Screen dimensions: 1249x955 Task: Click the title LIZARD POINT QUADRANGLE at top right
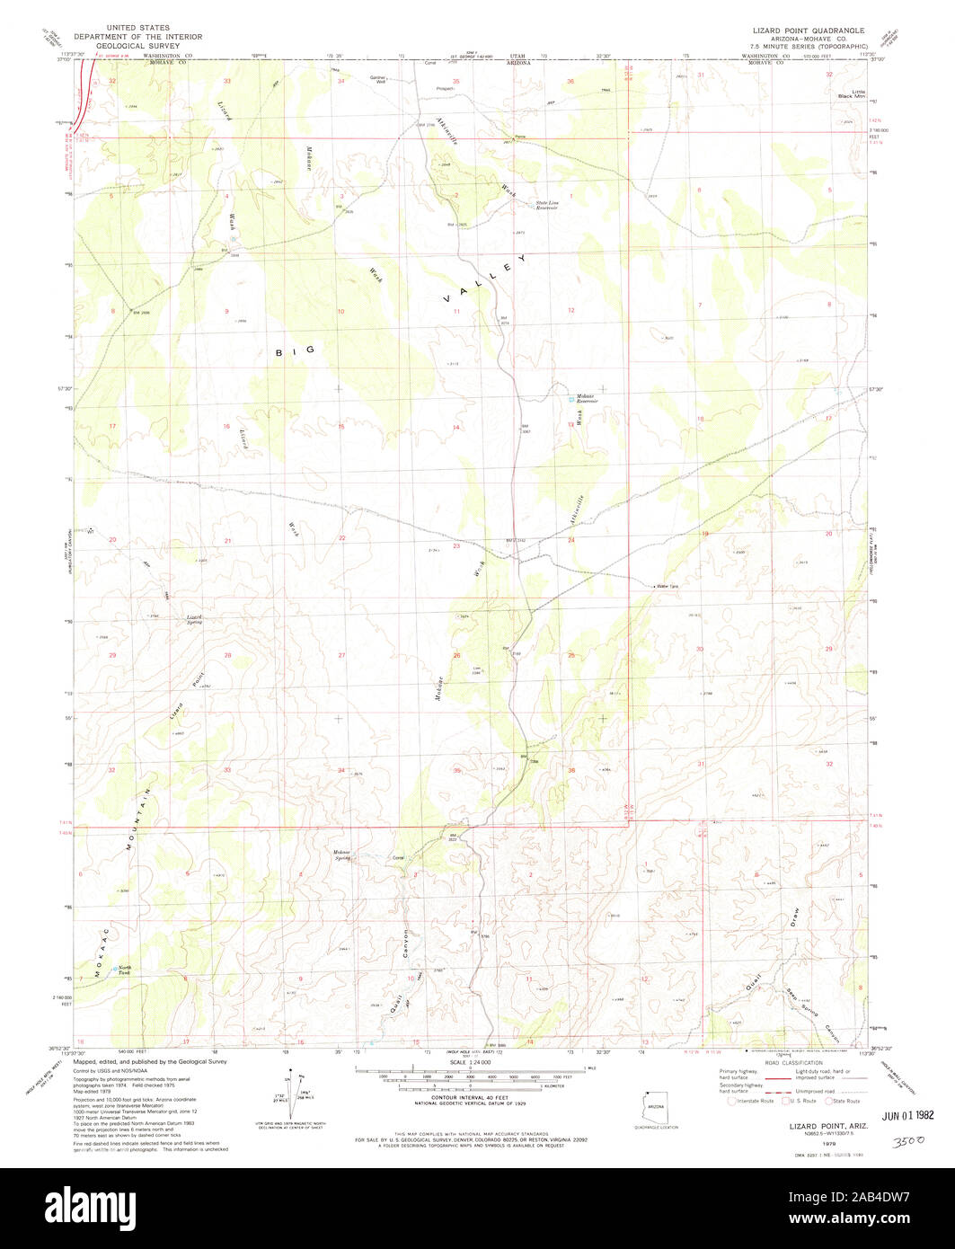(x=809, y=30)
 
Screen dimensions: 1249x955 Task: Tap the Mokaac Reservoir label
(x=585, y=397)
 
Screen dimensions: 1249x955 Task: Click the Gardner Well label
(x=377, y=78)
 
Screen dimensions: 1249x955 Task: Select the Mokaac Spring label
(x=340, y=854)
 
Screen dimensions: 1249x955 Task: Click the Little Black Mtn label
(x=846, y=93)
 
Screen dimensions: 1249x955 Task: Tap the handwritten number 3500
(x=909, y=1138)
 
